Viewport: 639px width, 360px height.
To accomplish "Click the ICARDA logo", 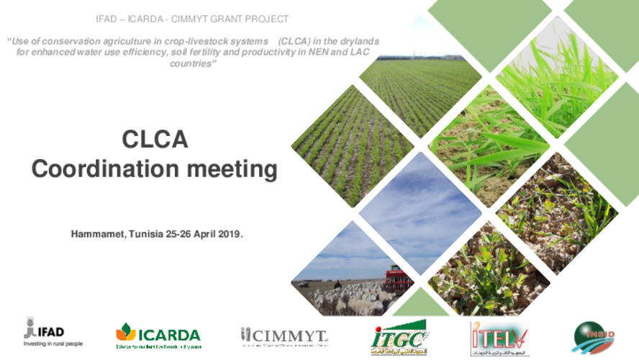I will point(158,335).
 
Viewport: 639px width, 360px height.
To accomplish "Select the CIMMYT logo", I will point(284,335).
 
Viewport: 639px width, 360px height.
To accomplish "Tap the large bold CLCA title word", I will point(155,139).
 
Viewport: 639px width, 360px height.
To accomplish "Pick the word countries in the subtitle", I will point(193,63).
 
